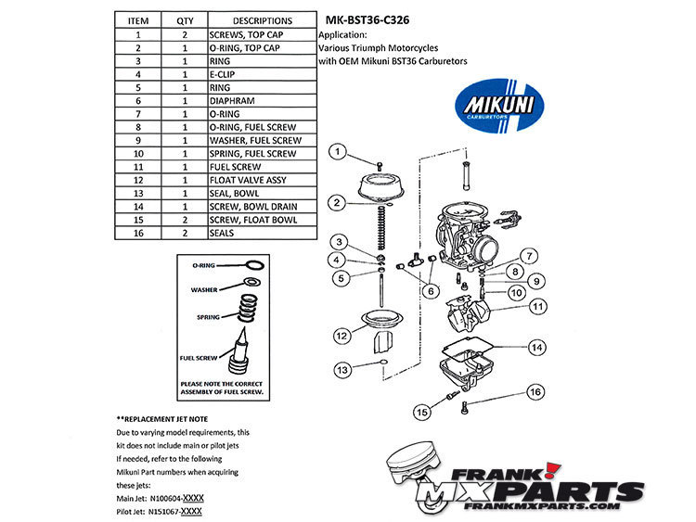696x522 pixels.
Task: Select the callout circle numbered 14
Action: (536, 348)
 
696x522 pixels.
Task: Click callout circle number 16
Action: (535, 392)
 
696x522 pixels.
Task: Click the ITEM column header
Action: (137, 20)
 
